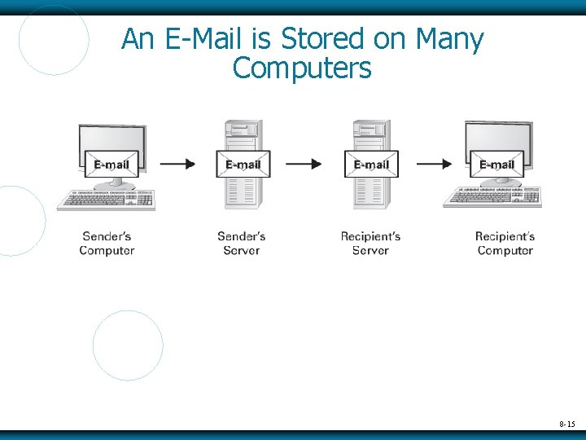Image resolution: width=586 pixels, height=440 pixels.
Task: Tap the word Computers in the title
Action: [301, 68]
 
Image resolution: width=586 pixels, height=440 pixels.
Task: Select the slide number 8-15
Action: [566, 425]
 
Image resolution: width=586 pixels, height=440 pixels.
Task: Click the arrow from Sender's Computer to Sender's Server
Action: [177, 164]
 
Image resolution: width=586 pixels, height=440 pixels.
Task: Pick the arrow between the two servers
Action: [304, 164]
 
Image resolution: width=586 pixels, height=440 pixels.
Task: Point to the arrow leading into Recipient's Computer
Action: [433, 164]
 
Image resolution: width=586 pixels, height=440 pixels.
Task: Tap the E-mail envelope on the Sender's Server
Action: [243, 164]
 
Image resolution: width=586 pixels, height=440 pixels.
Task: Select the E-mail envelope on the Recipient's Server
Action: [371, 164]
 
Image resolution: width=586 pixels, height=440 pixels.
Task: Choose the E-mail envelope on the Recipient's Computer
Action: [496, 164]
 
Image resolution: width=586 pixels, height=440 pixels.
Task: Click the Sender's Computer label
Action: [107, 244]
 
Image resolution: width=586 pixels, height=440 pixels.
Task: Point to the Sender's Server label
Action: [241, 244]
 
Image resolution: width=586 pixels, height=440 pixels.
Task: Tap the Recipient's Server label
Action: [370, 244]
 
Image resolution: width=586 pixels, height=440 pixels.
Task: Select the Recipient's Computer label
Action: [505, 244]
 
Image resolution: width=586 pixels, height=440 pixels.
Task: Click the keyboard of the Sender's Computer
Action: [105, 200]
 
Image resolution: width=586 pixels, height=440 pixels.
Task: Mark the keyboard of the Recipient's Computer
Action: [492, 197]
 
